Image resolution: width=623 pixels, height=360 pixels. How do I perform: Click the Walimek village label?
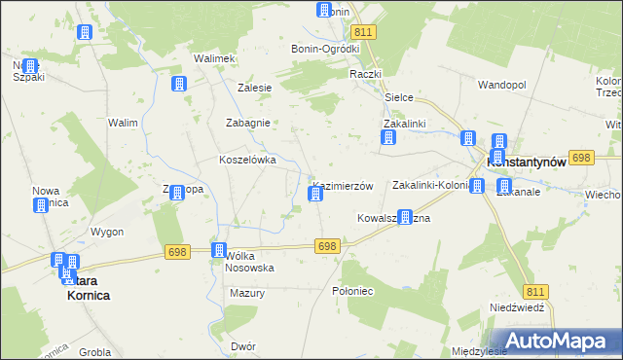[215, 58]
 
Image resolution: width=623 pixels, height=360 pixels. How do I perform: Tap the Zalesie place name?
[254, 87]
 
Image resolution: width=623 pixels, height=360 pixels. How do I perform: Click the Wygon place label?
[107, 232]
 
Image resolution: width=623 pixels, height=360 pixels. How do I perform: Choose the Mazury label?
[247, 293]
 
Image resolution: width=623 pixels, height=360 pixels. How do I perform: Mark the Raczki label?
[365, 74]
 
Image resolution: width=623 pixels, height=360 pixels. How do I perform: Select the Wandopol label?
[501, 85]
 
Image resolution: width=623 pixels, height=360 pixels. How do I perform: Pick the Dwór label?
[243, 345]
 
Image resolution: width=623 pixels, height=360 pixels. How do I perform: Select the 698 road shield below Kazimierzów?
[327, 247]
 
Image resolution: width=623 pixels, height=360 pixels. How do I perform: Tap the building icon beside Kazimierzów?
[315, 195]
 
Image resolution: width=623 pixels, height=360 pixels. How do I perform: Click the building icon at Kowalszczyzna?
[406, 219]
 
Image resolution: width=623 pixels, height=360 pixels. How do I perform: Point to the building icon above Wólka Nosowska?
[219, 251]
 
